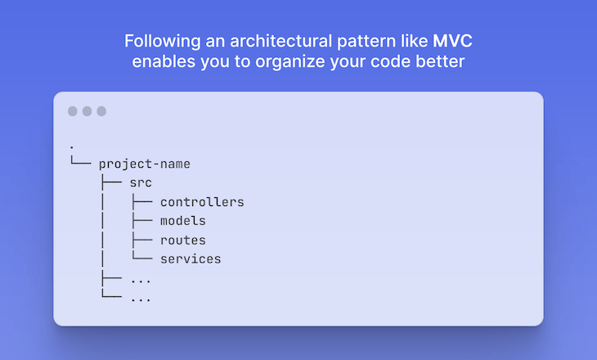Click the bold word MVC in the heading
point(452,41)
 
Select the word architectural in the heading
point(267,41)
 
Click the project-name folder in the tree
point(144,164)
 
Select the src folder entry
point(141,182)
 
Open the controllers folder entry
point(202,202)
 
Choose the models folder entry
point(182,221)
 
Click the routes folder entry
point(182,241)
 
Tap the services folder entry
point(191,259)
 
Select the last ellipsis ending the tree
point(141,298)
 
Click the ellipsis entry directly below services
point(141,279)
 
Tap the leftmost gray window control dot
point(72,111)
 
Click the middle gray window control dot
point(87,111)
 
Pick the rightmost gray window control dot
point(101,111)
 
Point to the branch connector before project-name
point(79,163)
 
